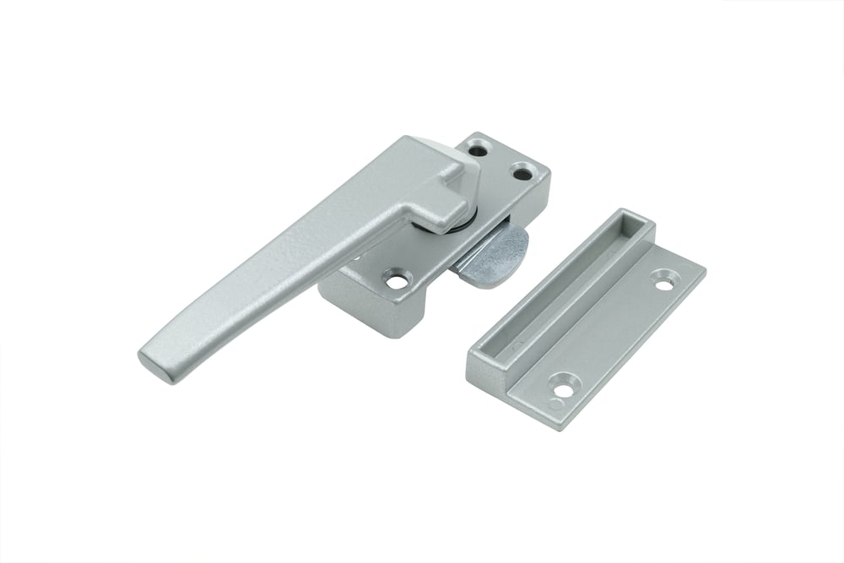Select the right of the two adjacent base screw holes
(524, 174)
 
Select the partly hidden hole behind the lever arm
(355, 254)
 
